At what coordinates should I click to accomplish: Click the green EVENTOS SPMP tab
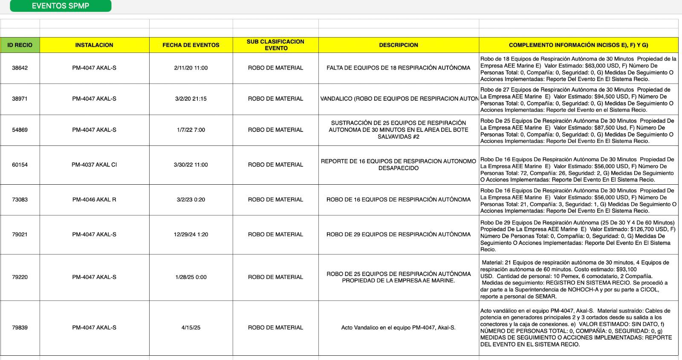click(61, 6)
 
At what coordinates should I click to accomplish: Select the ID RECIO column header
click(20, 45)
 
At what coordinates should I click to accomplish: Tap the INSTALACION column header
click(94, 45)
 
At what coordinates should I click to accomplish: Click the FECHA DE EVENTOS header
click(191, 45)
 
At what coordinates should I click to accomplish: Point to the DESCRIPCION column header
click(398, 45)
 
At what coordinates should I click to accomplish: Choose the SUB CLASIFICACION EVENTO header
click(275, 45)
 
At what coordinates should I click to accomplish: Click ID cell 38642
click(20, 68)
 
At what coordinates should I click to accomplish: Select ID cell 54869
click(20, 130)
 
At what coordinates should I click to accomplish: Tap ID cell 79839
click(20, 328)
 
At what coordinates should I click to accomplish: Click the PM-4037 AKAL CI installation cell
click(94, 165)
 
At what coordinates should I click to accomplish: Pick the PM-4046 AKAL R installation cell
click(94, 200)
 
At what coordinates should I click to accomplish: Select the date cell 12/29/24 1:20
click(191, 234)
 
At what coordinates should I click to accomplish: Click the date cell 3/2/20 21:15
click(191, 99)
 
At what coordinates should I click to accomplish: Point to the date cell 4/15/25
click(191, 328)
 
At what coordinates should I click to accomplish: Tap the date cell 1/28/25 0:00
click(191, 277)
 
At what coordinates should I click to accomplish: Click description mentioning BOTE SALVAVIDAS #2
click(398, 130)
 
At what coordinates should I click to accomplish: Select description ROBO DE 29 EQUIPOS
click(398, 234)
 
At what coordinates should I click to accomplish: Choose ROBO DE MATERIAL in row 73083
click(275, 200)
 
